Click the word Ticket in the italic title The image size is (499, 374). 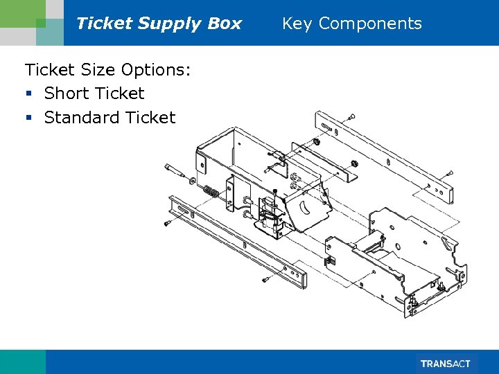point(104,24)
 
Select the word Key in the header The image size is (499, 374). point(297,24)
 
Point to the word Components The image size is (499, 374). point(370,24)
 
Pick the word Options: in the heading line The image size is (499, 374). point(156,69)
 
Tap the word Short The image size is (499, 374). point(67,93)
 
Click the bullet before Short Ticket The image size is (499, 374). point(28,94)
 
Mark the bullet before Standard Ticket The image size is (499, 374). point(28,118)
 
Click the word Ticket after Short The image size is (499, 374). point(120,93)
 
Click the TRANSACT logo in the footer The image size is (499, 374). point(446,364)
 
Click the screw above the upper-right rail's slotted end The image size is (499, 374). point(352,116)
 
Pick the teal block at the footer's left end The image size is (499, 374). point(22,362)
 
